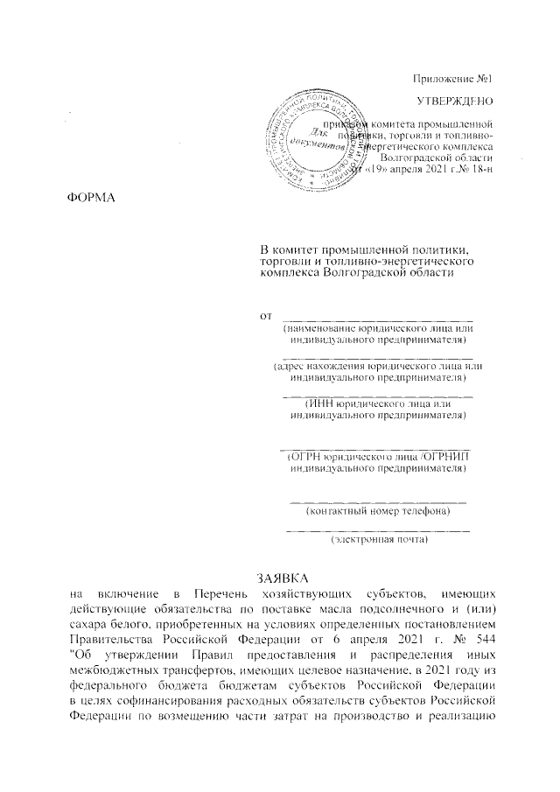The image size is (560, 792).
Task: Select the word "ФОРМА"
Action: [92, 193]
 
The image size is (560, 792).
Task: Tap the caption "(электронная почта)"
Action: [378, 541]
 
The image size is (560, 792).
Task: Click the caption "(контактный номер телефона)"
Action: [378, 510]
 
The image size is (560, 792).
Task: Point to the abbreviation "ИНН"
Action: [320, 403]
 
